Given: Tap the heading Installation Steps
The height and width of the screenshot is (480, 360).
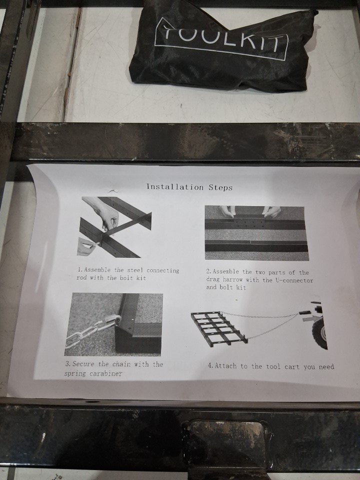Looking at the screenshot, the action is coord(189,187).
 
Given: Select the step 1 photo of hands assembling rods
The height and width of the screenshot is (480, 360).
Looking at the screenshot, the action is coord(114,227).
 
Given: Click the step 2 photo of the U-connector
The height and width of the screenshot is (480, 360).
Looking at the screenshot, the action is coord(256,233).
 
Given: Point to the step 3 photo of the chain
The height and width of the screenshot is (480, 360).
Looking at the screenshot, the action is coord(113,324).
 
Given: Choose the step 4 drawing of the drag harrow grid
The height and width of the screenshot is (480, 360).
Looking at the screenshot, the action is coord(218,328).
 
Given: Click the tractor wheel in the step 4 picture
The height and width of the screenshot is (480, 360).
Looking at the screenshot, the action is coord(320,333).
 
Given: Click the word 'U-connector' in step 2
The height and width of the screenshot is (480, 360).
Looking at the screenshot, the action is coord(294,280).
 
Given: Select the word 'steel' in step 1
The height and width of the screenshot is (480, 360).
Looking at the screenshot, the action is coord(135,270).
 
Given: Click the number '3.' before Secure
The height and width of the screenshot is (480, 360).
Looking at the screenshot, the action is coord(68,364).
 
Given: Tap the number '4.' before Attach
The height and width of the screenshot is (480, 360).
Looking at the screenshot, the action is coord(210,365).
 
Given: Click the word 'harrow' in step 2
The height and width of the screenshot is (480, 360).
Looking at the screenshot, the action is coord(232,279).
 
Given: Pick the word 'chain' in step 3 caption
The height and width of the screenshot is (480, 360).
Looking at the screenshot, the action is coord(121,364).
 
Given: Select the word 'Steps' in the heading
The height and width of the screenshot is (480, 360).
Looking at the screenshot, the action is coord(220,187).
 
